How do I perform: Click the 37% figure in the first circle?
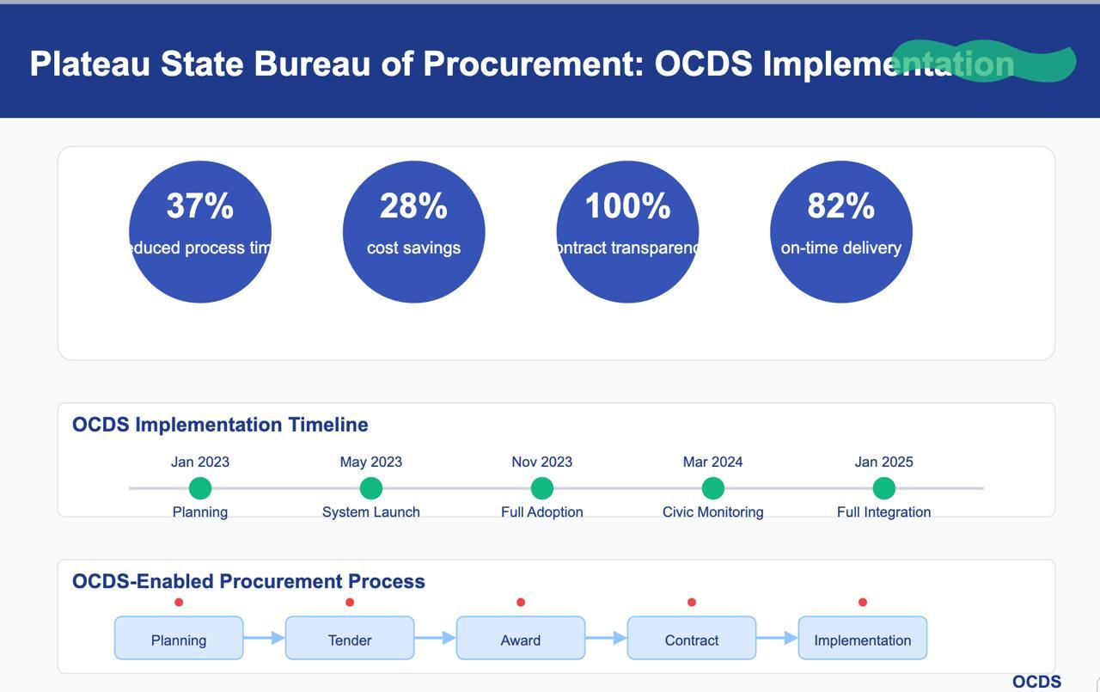click(199, 206)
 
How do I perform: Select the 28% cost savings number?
click(413, 206)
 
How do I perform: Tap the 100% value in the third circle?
click(627, 206)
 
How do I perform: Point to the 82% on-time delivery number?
click(840, 206)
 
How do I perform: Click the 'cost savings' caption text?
click(413, 248)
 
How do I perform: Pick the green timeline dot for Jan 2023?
click(200, 488)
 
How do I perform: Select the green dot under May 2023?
click(371, 488)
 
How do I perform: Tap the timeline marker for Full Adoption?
click(542, 488)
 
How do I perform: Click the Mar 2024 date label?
click(712, 462)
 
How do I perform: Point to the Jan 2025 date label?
click(883, 462)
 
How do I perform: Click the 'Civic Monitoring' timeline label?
click(712, 511)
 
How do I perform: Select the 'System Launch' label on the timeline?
click(371, 511)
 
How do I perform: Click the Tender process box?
click(350, 639)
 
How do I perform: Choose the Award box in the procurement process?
click(521, 639)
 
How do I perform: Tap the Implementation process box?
click(862, 639)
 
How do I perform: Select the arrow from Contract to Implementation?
click(777, 638)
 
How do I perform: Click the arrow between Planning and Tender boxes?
click(264, 638)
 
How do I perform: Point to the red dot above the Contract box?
click(692, 603)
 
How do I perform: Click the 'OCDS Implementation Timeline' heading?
click(220, 425)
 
